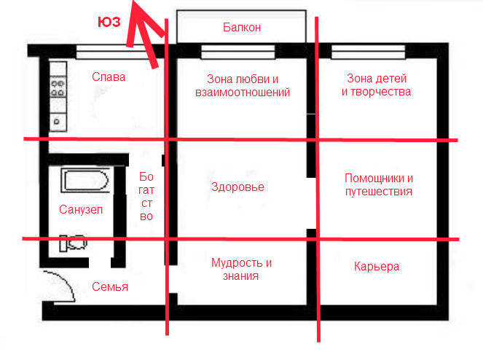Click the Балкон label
click(242, 28)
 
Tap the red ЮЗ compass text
click(109, 22)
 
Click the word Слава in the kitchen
click(109, 77)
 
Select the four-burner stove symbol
click(58, 87)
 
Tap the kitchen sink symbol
click(58, 122)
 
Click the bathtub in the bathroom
click(85, 180)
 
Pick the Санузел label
click(81, 210)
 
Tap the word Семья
click(110, 287)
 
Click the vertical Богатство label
click(146, 196)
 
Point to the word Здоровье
click(237, 187)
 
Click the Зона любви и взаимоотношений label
click(243, 86)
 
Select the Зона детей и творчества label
click(377, 85)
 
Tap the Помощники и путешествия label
click(379, 184)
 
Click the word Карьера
click(377, 266)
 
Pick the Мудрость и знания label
click(241, 269)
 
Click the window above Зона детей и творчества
click(369, 52)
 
